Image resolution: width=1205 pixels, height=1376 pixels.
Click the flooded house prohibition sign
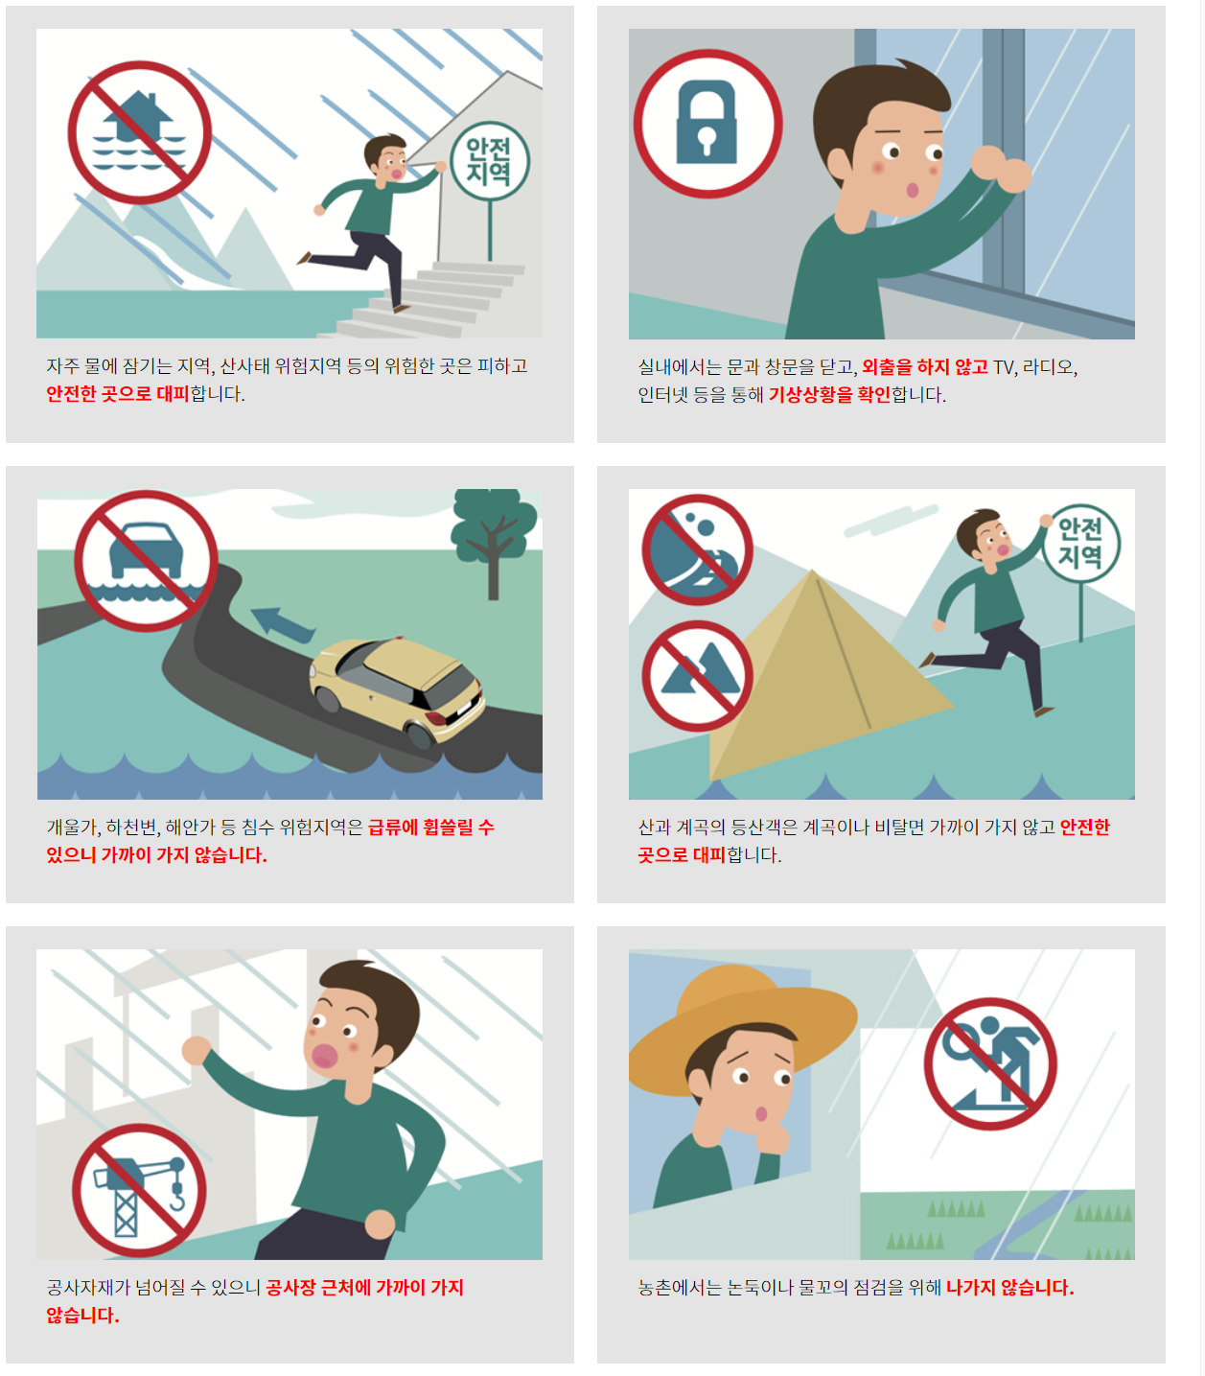coord(140,132)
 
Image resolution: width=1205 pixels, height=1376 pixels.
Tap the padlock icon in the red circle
coord(707,122)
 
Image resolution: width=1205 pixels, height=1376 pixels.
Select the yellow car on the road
coord(397,690)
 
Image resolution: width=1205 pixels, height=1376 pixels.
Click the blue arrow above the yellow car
coord(283,622)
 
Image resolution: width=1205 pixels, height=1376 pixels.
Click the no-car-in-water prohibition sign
coord(146,561)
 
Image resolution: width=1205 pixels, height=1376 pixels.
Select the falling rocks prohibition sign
coord(697,549)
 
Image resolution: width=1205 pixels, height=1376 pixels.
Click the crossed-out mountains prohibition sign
coord(697,675)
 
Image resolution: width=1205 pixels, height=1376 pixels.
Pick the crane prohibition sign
coord(139,1190)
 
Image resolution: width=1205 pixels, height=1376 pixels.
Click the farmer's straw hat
coord(743,1022)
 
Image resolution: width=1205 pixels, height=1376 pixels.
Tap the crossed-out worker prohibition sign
coord(990,1063)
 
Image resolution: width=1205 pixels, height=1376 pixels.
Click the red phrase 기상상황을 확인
coord(830,395)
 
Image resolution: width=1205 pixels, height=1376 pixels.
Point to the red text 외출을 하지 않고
coord(924,366)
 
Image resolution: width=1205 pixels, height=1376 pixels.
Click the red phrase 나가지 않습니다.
coord(1010,1287)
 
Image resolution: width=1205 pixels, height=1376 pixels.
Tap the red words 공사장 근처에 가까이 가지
coord(365,1287)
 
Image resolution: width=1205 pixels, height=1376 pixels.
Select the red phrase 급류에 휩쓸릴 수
coord(431,827)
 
